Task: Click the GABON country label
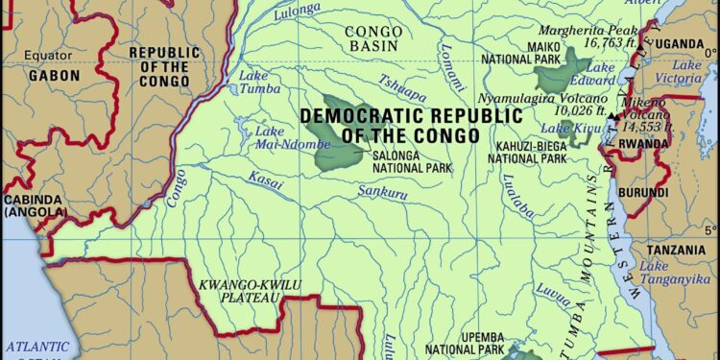coord(54,76)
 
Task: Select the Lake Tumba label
coord(253,82)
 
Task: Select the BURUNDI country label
coord(642,193)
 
